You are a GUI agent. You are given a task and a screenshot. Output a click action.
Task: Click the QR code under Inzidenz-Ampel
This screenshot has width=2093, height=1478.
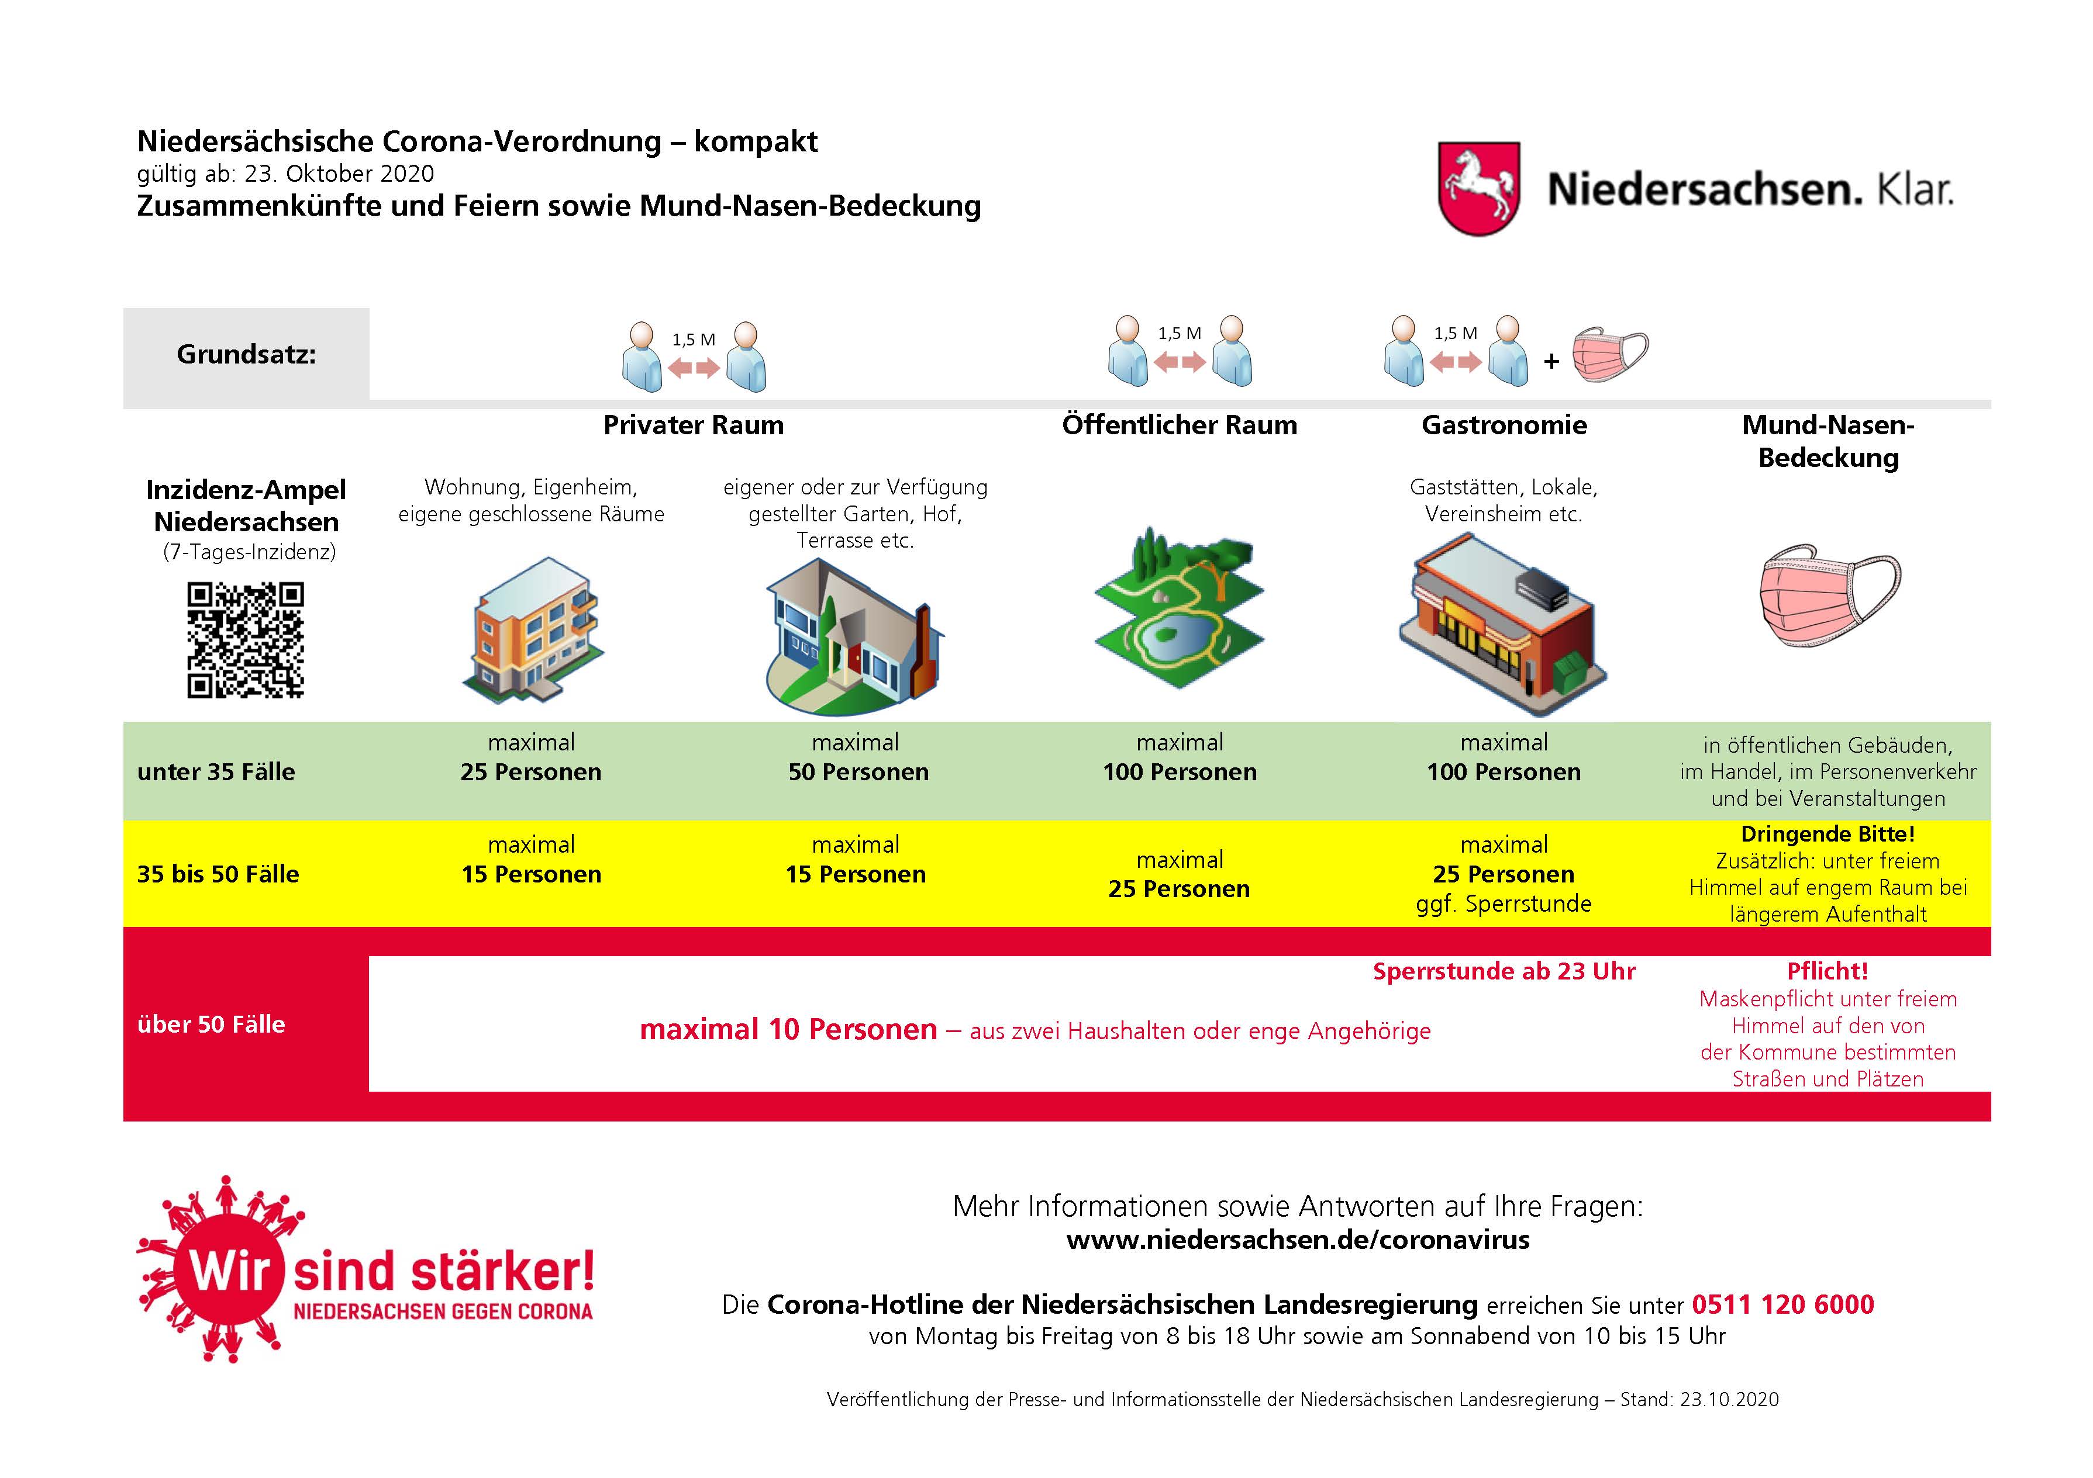point(245,640)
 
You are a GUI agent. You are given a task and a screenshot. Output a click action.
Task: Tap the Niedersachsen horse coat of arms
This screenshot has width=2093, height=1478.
point(1478,189)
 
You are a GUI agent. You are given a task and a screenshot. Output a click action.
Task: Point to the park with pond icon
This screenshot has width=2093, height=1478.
point(1179,606)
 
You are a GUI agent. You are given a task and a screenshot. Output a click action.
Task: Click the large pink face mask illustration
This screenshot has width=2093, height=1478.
point(1828,596)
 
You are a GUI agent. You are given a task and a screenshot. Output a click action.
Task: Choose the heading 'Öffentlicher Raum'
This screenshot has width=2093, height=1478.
point(1179,425)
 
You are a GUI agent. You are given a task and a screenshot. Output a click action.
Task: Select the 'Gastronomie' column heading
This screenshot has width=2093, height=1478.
point(1504,425)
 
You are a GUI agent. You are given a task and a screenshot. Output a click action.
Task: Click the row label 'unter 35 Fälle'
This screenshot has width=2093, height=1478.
point(216,772)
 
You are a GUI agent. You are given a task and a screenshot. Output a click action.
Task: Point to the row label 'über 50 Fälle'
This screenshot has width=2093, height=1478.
point(211,1024)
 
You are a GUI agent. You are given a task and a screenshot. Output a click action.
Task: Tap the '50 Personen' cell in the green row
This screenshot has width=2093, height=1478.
point(858,772)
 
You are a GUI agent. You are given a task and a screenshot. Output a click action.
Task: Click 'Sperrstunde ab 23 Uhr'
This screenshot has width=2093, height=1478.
point(1504,971)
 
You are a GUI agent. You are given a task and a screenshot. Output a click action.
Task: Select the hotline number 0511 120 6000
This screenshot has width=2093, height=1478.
point(1782,1304)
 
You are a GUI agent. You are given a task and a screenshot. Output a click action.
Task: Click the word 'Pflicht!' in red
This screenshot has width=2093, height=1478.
point(1828,971)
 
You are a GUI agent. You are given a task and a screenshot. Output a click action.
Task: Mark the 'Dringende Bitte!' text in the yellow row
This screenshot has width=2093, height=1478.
point(1828,834)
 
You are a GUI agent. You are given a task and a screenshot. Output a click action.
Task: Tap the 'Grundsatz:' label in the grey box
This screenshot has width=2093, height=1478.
point(246,355)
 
